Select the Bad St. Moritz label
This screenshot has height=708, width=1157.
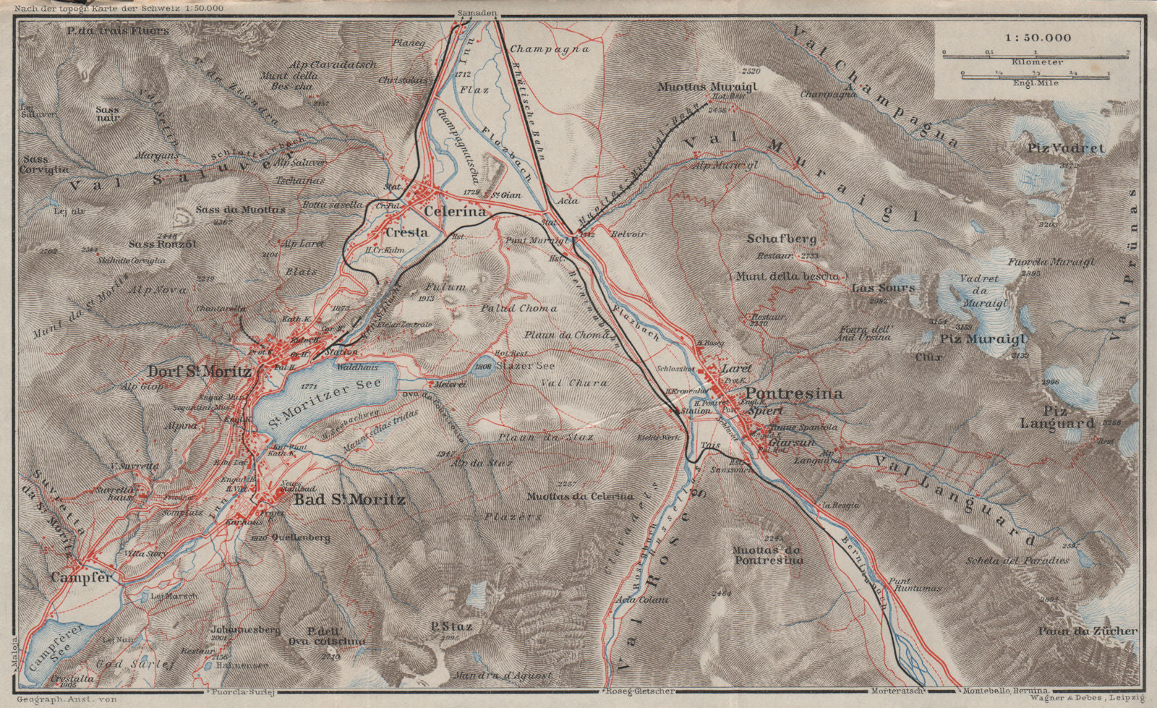click(349, 500)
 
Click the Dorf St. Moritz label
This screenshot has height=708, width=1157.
click(200, 372)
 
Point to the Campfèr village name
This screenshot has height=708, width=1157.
click(82, 578)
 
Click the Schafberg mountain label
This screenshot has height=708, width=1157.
click(782, 239)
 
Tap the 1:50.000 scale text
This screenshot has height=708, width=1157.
click(1032, 37)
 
